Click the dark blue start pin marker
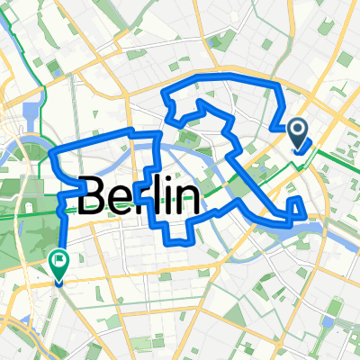pos(300,134)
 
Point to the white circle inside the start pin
pos(300,131)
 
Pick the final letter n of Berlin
pos(186,198)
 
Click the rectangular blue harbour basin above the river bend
pos(33,116)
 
